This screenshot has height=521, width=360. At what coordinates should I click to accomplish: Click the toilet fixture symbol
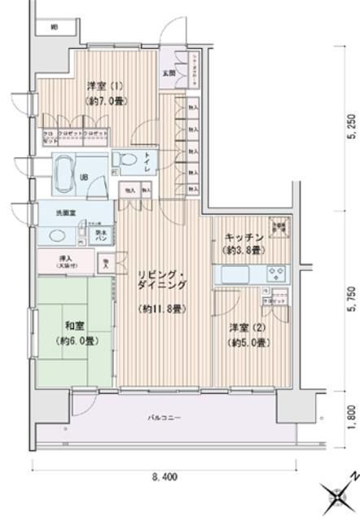pyautogui.click(x=126, y=160)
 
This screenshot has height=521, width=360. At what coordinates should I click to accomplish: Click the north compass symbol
pyautogui.click(x=336, y=496)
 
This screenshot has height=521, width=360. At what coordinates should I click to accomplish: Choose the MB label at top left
pyautogui.click(x=55, y=28)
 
